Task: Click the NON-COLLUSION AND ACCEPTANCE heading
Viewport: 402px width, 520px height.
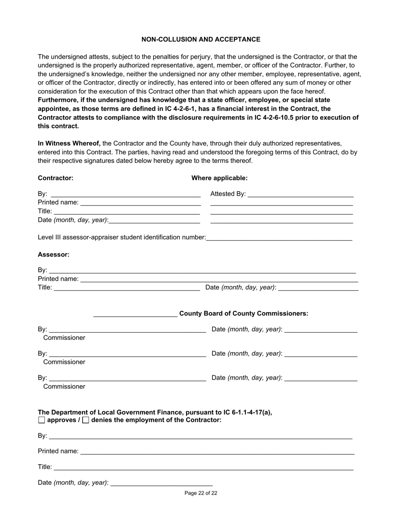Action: (201, 39)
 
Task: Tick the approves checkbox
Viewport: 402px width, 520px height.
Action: (41, 420)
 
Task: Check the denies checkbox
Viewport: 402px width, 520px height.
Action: (85, 420)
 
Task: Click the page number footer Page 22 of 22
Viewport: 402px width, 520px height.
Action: (201, 493)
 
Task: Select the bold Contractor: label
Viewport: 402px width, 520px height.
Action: (55, 178)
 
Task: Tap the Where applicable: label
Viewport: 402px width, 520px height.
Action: (219, 178)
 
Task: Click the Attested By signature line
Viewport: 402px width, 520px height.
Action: (300, 194)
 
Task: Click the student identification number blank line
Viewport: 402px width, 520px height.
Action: (279, 238)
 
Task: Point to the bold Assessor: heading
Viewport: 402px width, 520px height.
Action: (53, 255)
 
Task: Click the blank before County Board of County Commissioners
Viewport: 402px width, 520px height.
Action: (135, 314)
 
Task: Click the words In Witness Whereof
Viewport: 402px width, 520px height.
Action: (69, 143)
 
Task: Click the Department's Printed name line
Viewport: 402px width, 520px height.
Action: (217, 452)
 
